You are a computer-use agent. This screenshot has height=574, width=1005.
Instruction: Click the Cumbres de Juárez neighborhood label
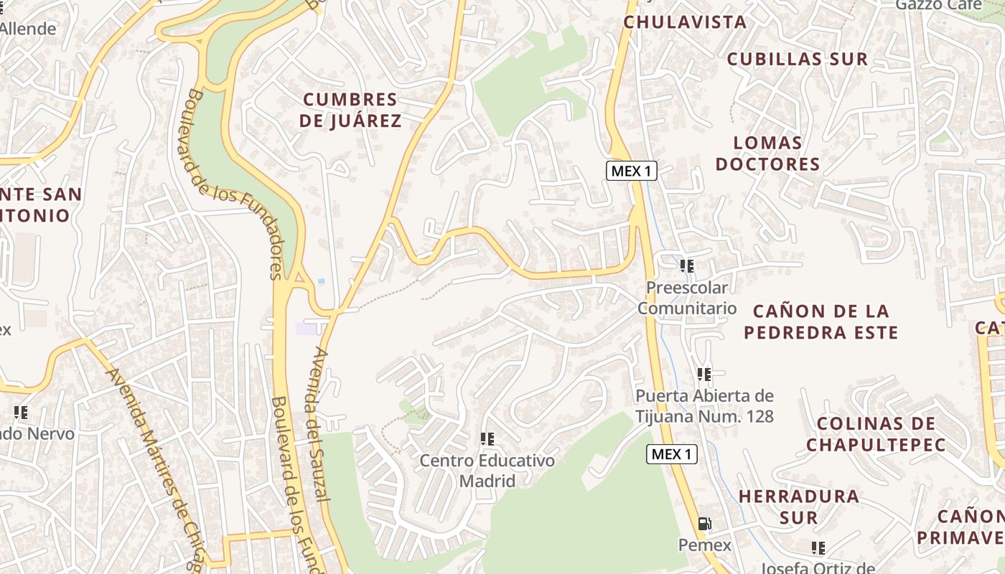350,110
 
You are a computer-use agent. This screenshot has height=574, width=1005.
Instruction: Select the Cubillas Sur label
798,59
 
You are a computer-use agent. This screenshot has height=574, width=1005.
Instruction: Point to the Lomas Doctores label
767,154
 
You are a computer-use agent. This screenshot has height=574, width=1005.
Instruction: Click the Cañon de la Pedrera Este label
821,321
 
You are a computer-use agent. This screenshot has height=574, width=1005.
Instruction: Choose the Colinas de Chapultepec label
876,434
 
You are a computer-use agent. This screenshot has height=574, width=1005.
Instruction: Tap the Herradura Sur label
798,507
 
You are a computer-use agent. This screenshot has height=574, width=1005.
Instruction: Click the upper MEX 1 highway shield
632,171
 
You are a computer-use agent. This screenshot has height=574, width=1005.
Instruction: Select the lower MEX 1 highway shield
672,453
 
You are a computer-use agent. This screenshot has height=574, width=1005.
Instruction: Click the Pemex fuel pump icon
705,524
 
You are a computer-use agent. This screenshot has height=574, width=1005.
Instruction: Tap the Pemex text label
704,545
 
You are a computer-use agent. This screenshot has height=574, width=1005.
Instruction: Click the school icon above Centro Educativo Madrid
487,439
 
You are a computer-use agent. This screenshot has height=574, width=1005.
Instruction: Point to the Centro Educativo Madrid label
487,470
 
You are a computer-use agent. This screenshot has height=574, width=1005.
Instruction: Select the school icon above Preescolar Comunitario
687,266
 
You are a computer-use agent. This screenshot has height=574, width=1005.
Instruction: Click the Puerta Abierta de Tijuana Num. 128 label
704,405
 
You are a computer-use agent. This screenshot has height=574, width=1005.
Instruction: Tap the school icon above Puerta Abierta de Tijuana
704,374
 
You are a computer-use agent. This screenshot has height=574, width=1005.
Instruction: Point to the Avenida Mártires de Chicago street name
154,466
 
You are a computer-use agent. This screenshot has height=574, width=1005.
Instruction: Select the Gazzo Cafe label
938,5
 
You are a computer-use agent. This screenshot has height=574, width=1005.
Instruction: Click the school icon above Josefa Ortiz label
818,548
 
